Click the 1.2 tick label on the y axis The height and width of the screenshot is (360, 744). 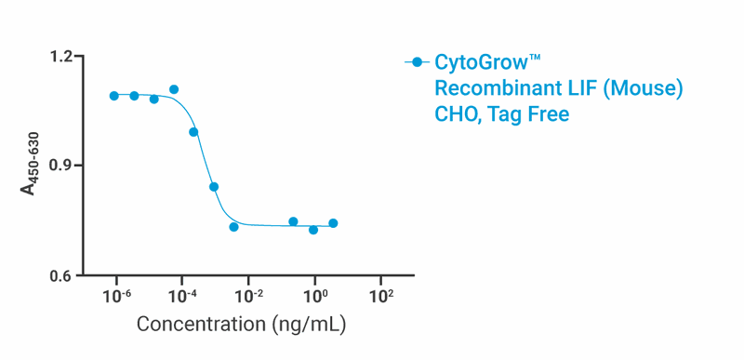[60, 58]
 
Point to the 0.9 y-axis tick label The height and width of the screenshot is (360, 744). [60, 166]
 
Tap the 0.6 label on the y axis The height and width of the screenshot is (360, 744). [60, 276]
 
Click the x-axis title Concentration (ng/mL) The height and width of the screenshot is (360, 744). [243, 326]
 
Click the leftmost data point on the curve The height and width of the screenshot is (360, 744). [113, 96]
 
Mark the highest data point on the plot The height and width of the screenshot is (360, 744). [174, 89]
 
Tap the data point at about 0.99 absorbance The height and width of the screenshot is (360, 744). [193, 132]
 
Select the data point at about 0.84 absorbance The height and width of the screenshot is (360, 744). [214, 187]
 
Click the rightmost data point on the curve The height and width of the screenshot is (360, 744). [333, 223]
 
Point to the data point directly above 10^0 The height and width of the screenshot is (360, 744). [313, 230]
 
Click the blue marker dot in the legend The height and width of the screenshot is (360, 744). [418, 63]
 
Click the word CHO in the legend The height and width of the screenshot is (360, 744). [457, 114]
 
